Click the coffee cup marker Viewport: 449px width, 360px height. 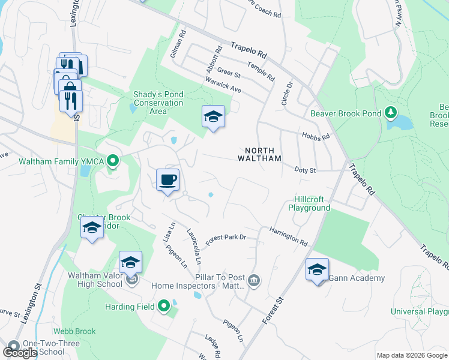pos(168,179)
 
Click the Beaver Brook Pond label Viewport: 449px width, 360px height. pos(346,113)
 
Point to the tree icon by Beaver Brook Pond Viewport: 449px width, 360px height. pos(391,113)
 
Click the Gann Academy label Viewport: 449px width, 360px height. pos(357,278)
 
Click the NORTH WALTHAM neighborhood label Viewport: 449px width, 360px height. pos(263,154)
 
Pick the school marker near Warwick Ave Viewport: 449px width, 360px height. pos(213,116)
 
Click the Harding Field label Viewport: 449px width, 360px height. pos(127,307)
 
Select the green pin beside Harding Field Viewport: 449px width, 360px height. pos(164,307)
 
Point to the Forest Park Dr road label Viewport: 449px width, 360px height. pos(226,238)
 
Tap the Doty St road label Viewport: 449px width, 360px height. pos(306,170)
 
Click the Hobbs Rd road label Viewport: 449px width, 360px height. pos(316,137)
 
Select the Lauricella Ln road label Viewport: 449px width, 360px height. pos(193,246)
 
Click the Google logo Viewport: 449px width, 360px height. pos(20,353)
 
